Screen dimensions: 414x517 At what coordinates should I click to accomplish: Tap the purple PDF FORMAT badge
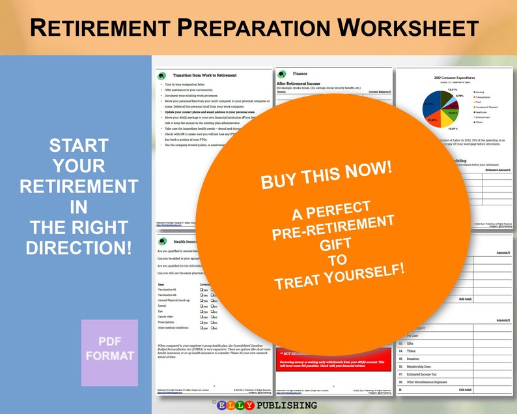(x=109, y=353)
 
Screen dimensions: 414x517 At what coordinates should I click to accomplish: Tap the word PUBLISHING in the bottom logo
(x=286, y=406)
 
